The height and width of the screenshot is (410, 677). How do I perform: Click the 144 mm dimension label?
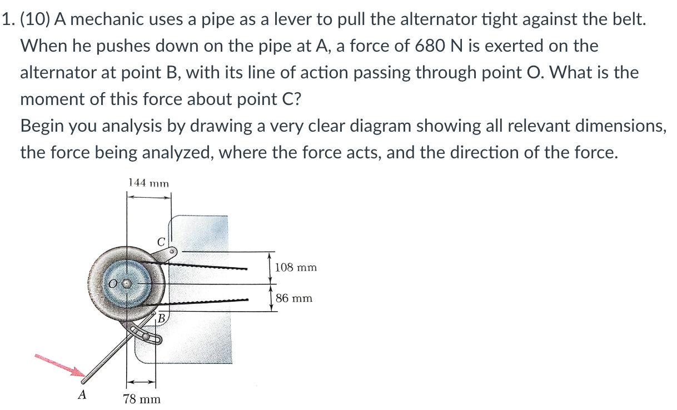tap(148, 182)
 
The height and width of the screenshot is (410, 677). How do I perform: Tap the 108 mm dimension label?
tap(296, 267)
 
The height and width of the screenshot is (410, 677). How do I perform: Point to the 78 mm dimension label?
tap(141, 398)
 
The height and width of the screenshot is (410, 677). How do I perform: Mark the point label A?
tap(82, 395)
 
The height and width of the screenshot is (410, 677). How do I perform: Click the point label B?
tap(161, 319)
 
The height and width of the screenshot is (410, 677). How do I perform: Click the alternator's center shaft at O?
tap(127, 284)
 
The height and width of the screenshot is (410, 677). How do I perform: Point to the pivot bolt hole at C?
tap(173, 252)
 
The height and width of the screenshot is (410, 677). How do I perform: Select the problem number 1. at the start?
tap(8, 19)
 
